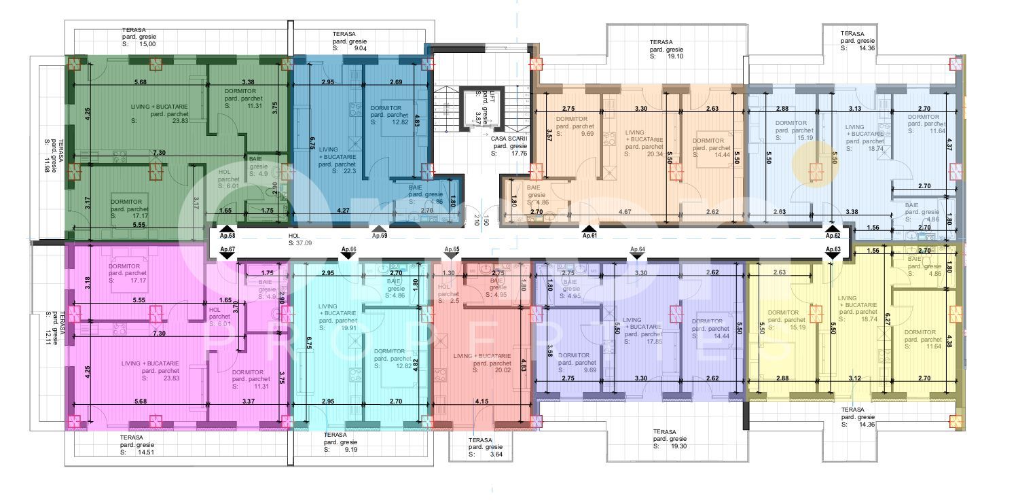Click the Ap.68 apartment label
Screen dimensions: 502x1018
[x=228, y=236]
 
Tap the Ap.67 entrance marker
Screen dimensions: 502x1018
[x=228, y=250]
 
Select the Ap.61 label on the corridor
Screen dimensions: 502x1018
[x=589, y=236]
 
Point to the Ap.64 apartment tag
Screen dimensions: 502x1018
[x=637, y=250]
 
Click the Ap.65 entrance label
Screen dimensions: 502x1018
[x=452, y=250]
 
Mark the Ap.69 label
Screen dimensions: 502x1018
[x=380, y=236]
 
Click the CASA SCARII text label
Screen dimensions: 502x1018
[x=507, y=138]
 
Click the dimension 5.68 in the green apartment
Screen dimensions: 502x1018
[x=141, y=82]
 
